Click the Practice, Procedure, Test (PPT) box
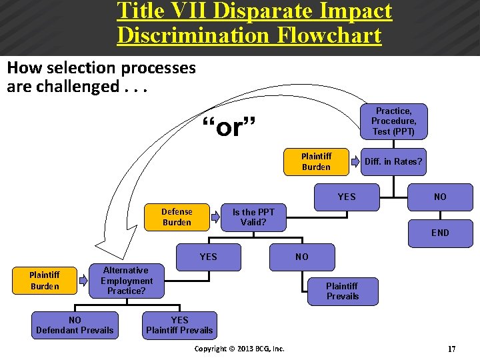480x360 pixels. [393, 121]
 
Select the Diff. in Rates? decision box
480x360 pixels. [393, 161]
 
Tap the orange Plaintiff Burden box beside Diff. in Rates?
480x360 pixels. [316, 161]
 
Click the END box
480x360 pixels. [440, 233]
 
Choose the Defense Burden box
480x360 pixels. [177, 217]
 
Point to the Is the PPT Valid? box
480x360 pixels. [253, 217]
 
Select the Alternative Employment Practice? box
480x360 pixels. [126, 281]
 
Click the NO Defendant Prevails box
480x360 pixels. [75, 325]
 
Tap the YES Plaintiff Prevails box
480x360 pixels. [179, 325]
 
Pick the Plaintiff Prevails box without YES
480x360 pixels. [342, 291]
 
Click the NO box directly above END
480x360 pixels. [440, 197]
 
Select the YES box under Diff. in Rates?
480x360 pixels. [347, 197]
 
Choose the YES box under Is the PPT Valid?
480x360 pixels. [208, 257]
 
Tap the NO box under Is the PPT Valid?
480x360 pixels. [302, 257]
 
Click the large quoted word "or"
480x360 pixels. [228, 126]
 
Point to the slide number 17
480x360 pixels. [451, 349]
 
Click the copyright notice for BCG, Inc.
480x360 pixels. [239, 349]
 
